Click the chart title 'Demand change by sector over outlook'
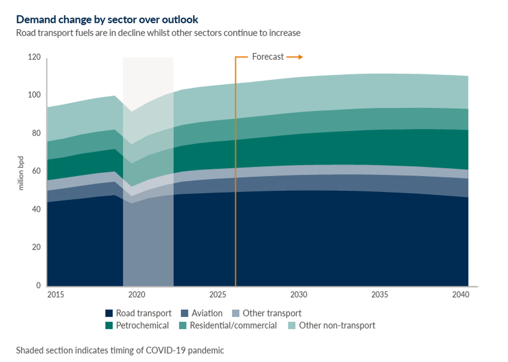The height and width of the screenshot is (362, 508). pyautogui.click(x=107, y=19)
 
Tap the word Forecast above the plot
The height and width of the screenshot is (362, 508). pyautogui.click(x=268, y=57)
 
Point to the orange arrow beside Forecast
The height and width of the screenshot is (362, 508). pyautogui.click(x=295, y=57)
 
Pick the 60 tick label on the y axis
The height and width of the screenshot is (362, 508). pyautogui.click(x=36, y=171)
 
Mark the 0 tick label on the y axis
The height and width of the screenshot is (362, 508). pyautogui.click(x=38, y=286)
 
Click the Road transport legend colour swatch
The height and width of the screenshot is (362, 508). pyautogui.click(x=109, y=314)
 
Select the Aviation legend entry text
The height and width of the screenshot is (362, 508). pyautogui.click(x=207, y=313)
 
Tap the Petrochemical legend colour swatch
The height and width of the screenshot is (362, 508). pyautogui.click(x=109, y=326)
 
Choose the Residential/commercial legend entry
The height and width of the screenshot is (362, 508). pyautogui.click(x=233, y=326)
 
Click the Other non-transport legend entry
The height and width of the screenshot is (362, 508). pyautogui.click(x=337, y=326)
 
